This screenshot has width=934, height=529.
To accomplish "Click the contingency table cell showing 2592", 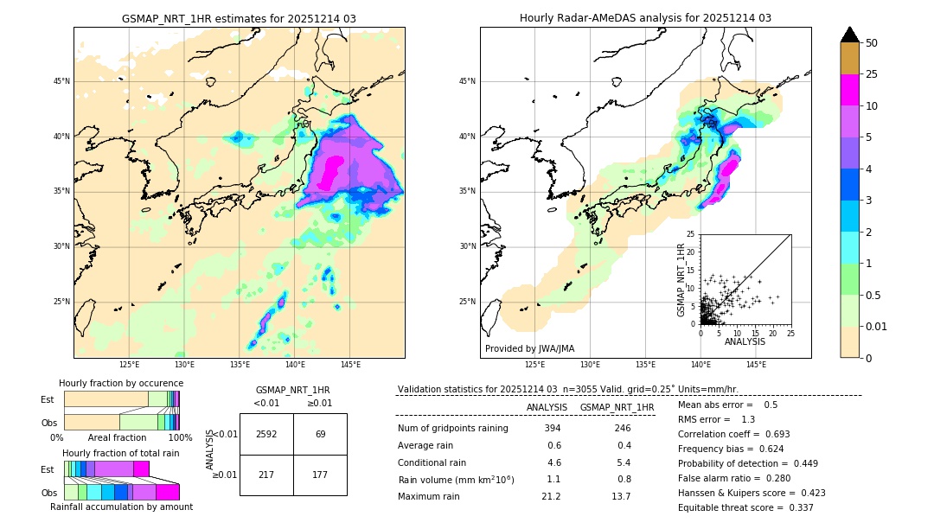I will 266,434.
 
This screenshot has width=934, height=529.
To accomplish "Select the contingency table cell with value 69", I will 320,434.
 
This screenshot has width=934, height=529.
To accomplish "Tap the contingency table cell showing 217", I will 266,475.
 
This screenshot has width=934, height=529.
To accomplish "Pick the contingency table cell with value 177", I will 320,475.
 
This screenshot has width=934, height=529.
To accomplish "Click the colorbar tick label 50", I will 872,43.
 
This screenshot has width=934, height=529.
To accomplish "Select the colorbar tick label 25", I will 872,74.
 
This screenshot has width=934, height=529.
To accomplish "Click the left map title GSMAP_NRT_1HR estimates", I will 239,18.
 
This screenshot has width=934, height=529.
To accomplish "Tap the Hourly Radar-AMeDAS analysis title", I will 645,18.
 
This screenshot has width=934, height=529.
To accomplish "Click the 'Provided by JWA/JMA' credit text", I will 529,349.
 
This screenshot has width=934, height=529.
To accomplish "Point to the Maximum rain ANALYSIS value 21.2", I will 551,496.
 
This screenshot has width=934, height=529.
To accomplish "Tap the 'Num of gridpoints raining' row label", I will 452,429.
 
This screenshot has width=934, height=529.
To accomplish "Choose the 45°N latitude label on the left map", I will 61,81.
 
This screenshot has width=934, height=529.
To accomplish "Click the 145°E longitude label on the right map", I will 756,365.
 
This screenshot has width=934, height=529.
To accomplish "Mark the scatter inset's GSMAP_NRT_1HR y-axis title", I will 681,278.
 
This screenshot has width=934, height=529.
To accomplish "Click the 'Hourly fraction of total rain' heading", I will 121,453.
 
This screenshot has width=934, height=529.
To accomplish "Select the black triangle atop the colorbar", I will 850,35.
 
